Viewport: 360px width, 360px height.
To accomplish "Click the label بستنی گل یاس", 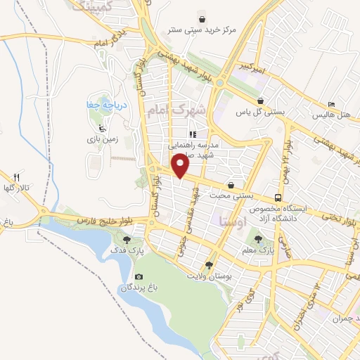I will pyautogui.click(x=253, y=112).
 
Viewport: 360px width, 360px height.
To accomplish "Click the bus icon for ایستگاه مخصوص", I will pyautogui.click(x=279, y=198).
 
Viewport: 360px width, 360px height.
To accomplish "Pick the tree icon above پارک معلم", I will pyautogui.click(x=266, y=238).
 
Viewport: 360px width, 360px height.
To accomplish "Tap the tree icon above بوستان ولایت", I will pyautogui.click(x=208, y=264).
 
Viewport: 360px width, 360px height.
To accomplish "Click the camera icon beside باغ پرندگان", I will pyautogui.click(x=139, y=277).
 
